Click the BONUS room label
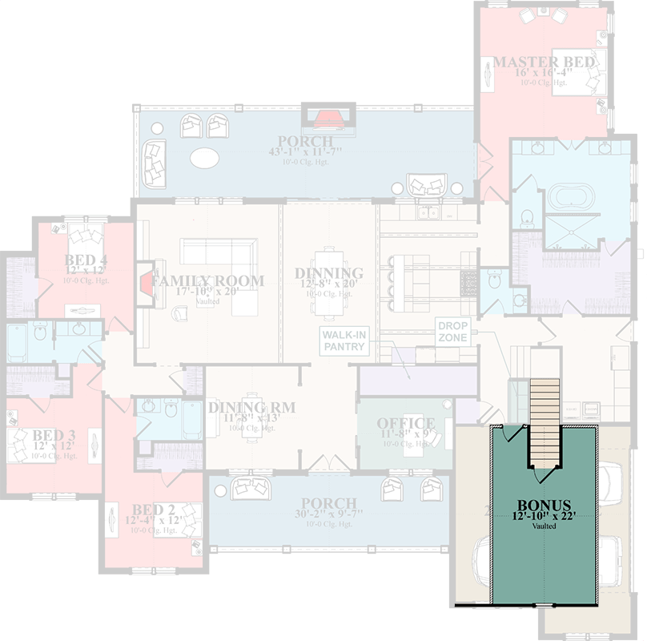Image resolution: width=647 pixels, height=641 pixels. pos(544,506)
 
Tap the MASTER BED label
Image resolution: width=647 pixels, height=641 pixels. pos(544,62)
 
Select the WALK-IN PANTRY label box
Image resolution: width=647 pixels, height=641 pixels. pos(344,341)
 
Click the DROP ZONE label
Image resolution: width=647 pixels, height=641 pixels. pos(451,332)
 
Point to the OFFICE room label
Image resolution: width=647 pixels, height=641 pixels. pos(406,423)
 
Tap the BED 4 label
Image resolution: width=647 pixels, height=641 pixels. pos(86,260)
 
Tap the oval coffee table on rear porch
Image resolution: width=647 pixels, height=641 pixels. pos(207,157)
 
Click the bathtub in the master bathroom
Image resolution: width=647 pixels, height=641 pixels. pos(569,196)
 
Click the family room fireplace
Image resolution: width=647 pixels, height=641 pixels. pos(145,282)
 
